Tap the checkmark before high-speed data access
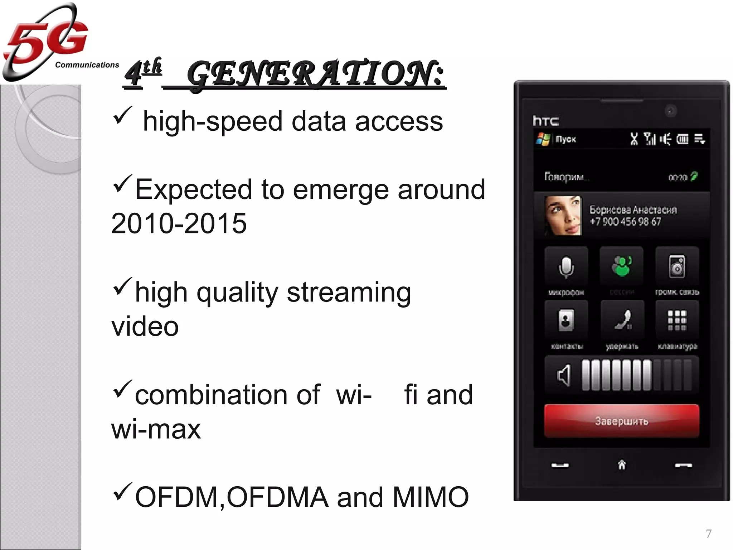[122, 115]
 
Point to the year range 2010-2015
[179, 223]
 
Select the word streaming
[349, 293]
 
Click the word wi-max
[156, 429]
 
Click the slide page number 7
[708, 533]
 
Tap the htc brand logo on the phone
[545, 121]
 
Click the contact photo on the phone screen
[563, 216]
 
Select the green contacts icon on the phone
[622, 266]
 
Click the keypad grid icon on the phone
[677, 320]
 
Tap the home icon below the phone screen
[622, 465]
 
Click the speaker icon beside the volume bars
[564, 375]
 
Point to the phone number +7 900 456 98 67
[625, 222]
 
